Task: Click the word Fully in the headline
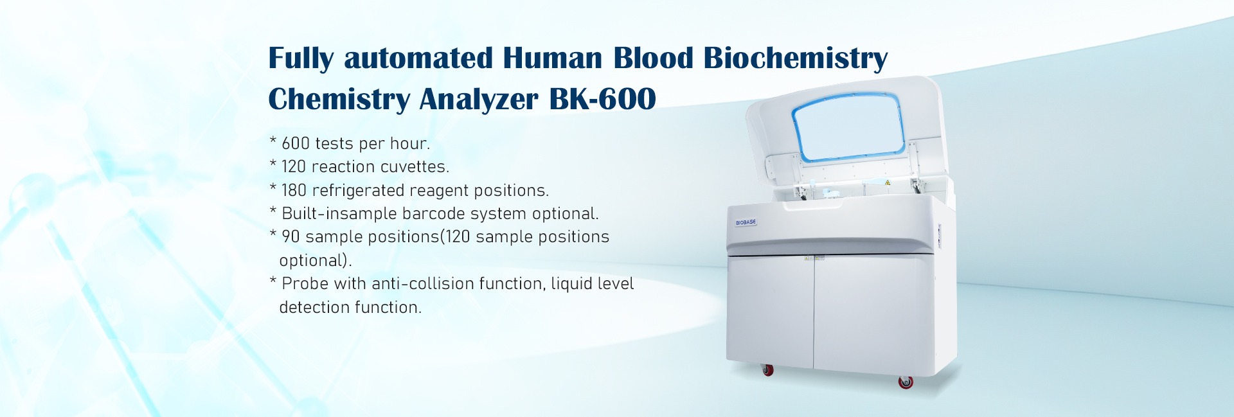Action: point(301,58)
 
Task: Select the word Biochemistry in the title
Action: point(796,58)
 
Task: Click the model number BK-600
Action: point(602,99)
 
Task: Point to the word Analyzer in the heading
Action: point(479,100)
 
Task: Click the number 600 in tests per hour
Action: point(296,143)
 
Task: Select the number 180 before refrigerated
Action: point(294,190)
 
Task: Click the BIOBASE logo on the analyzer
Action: point(746,222)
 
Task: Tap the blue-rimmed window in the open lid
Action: point(848,127)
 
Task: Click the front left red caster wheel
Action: point(767,369)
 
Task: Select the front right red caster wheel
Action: point(906,382)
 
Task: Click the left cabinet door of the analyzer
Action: point(770,311)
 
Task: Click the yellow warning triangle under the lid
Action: point(888,183)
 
